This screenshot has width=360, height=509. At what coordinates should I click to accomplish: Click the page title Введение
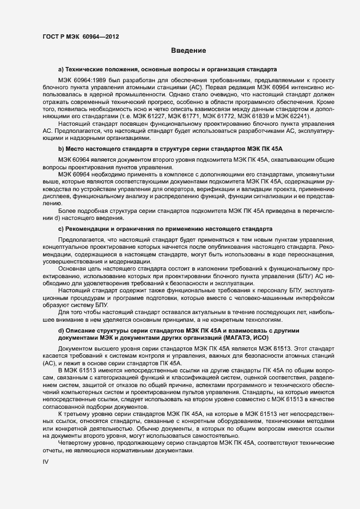point(188,51)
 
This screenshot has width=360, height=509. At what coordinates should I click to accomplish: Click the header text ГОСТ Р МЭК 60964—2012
point(80,37)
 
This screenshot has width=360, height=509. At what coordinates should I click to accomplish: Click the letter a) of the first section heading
point(61,70)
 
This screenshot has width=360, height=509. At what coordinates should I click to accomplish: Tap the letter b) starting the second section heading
point(61,148)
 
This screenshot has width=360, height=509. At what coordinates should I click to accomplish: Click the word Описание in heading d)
point(80,331)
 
